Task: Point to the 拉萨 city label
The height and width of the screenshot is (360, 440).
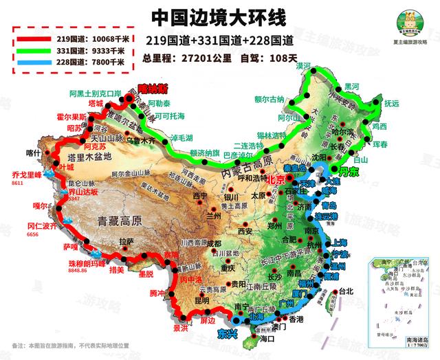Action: [126, 242]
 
